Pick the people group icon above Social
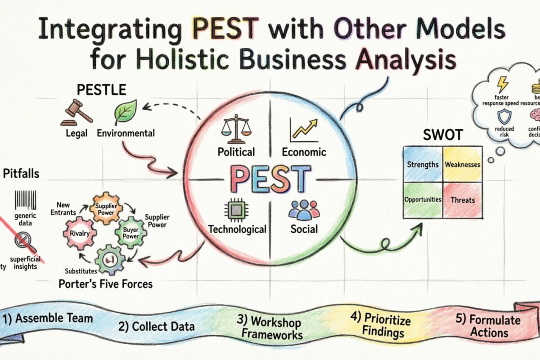click(303, 209)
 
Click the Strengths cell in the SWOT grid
click(423, 164)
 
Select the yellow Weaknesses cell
click(463, 164)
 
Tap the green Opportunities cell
click(423, 199)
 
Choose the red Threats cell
click(463, 200)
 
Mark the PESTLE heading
click(101, 89)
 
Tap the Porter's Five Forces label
click(105, 284)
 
